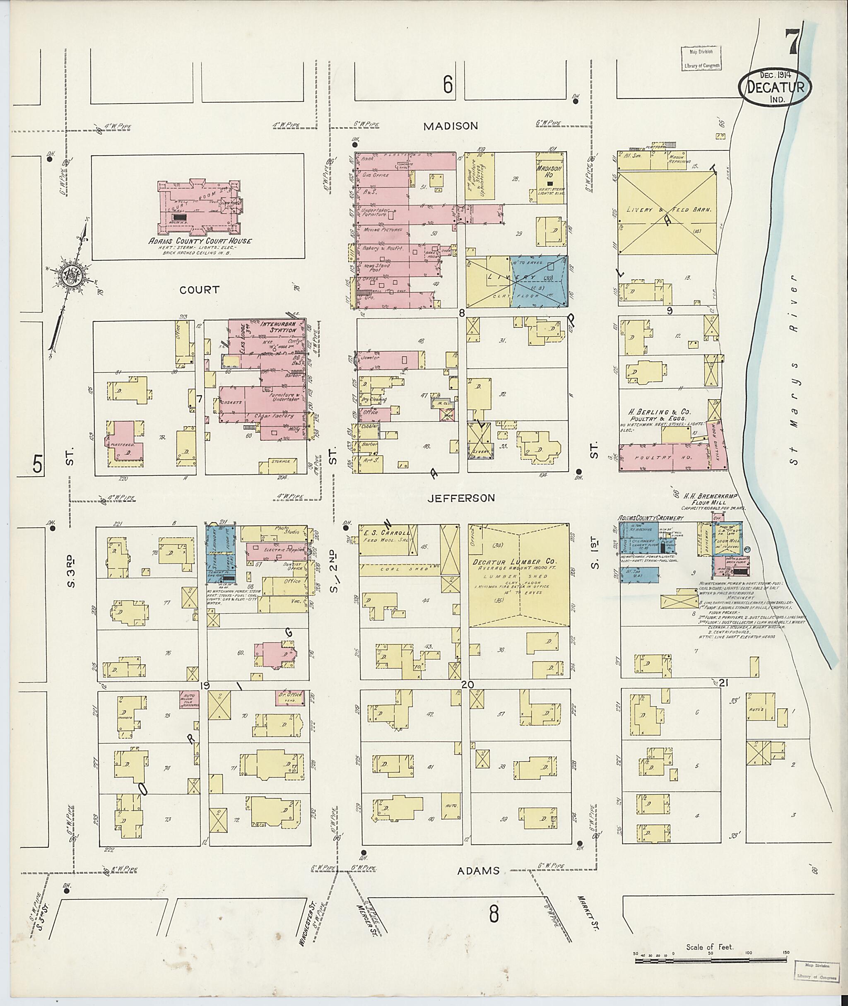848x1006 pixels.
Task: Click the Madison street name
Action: [x=450, y=126]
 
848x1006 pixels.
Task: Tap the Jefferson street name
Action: [x=461, y=498]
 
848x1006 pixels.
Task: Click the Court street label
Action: [x=199, y=290]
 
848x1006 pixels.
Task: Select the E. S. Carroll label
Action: [x=388, y=533]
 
